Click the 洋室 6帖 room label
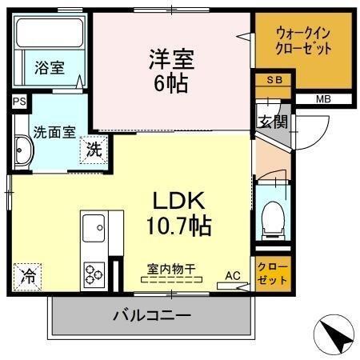(x=170, y=71)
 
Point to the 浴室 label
(x=50, y=69)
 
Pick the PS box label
(x=18, y=102)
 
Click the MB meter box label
(x=322, y=99)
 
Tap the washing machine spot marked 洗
(x=94, y=148)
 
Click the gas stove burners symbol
(x=94, y=274)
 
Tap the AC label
(x=232, y=275)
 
